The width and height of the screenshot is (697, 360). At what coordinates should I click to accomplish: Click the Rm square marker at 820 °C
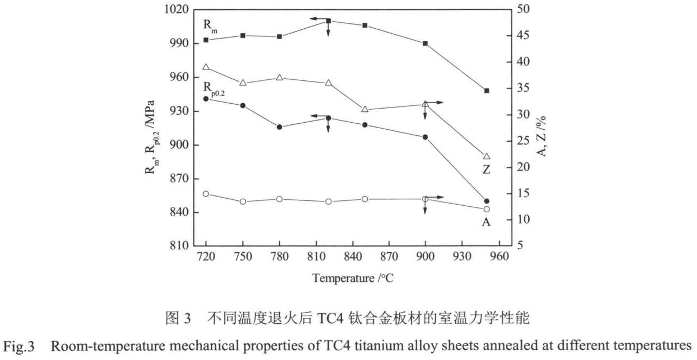click(329, 21)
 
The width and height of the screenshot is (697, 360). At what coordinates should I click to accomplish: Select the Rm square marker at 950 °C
click(487, 91)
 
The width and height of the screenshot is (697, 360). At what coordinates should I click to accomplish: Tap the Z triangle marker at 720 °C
click(206, 67)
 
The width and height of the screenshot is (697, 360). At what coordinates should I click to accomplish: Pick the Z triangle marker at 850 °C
click(365, 109)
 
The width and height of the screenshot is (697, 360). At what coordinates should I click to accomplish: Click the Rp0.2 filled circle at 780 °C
click(279, 127)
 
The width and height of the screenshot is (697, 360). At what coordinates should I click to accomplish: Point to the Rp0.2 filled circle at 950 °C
click(487, 201)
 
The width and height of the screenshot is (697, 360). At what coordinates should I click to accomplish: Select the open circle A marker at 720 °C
click(206, 194)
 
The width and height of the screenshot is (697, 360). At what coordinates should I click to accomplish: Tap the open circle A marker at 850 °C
click(365, 199)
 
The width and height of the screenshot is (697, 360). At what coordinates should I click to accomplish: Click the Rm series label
click(209, 26)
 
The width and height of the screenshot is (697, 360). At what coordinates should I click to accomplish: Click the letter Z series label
click(486, 169)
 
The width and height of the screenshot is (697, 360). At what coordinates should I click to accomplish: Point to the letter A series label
click(486, 222)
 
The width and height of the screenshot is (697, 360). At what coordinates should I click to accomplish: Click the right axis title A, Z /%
click(544, 129)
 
